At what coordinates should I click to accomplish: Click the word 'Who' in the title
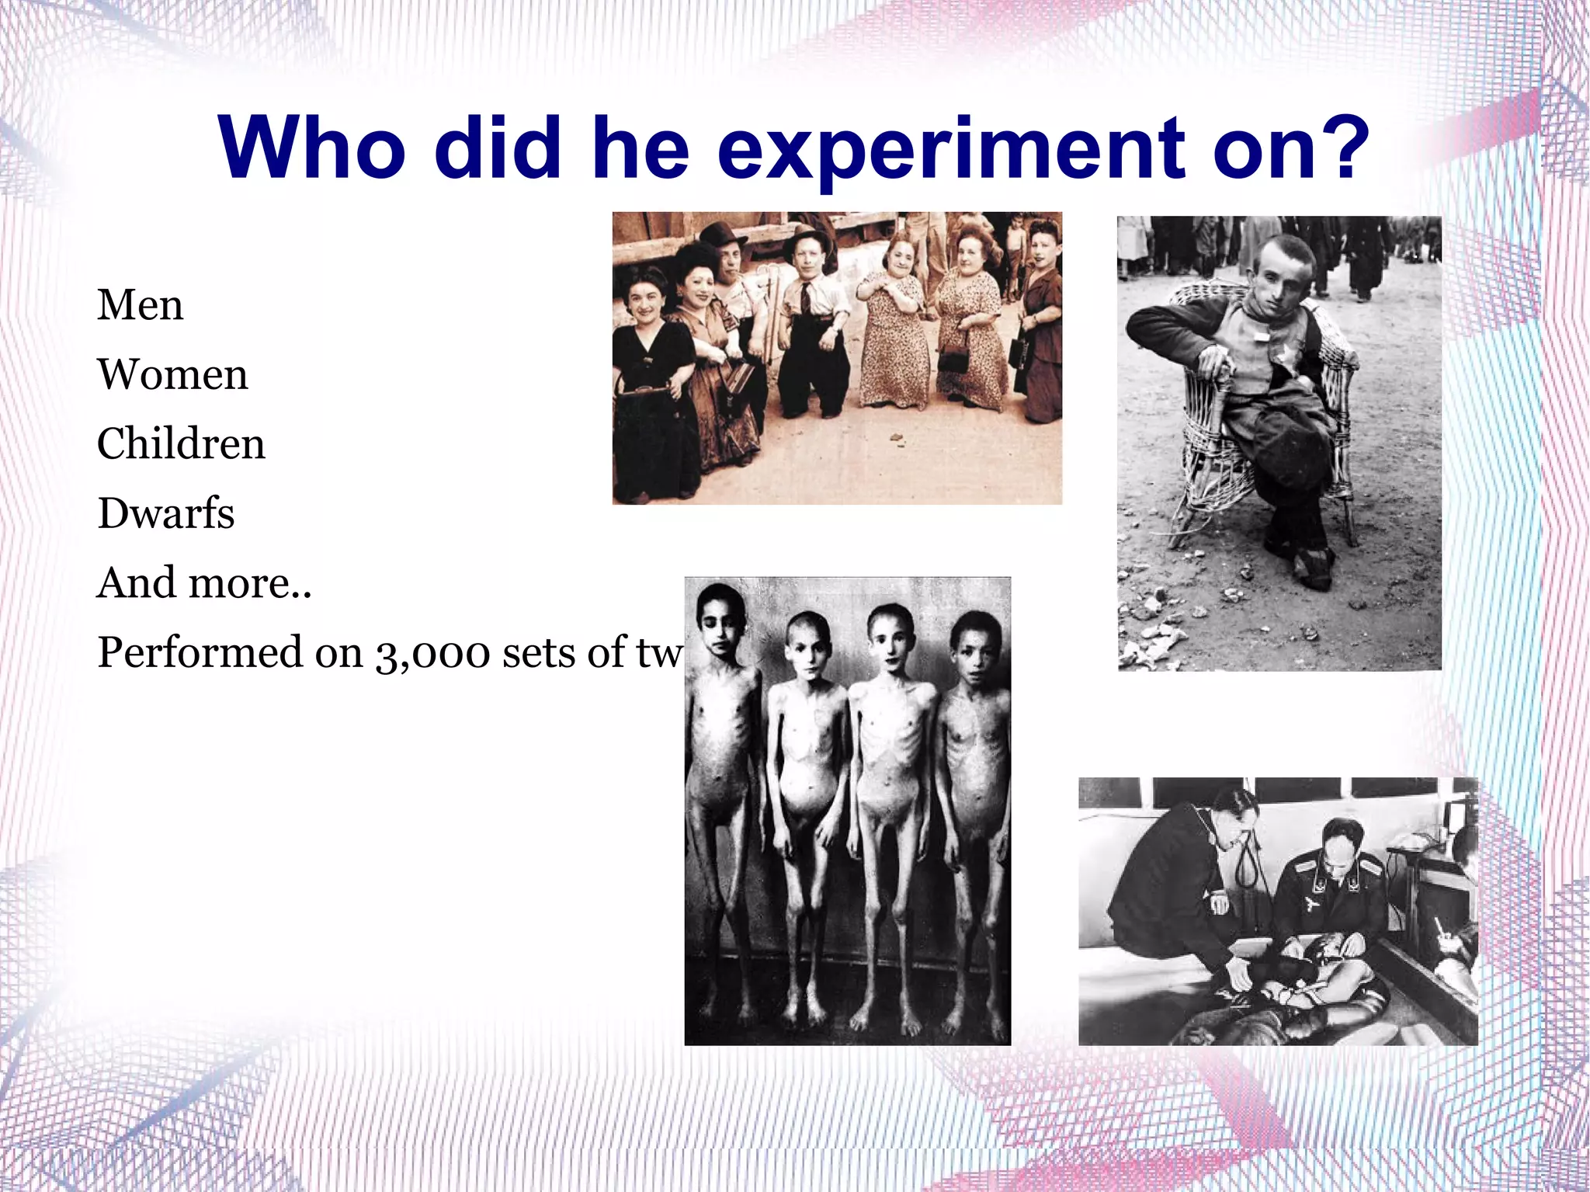pos(311,148)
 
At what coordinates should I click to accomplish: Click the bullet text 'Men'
pos(140,304)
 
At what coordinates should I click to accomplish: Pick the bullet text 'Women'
pos(172,374)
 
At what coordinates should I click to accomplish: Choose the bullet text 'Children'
pos(181,443)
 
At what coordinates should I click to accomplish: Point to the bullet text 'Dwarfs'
pos(165,513)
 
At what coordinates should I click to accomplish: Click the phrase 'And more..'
pos(203,582)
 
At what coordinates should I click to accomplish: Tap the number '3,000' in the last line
pos(433,653)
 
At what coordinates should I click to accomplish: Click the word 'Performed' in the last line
pos(200,653)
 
